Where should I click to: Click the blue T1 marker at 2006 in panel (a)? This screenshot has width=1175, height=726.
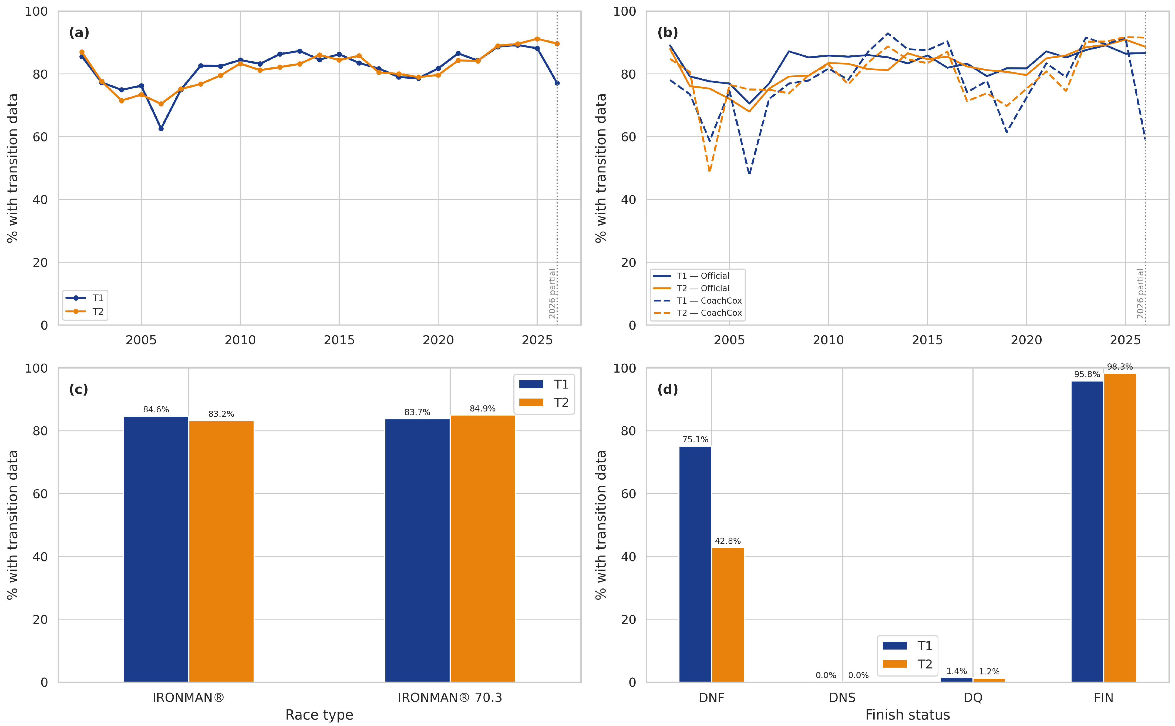coord(161,129)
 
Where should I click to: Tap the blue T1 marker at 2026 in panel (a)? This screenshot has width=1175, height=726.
coord(557,83)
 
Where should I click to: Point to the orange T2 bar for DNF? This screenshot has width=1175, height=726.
coord(728,615)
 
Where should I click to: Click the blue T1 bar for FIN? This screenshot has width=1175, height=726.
coord(1087,531)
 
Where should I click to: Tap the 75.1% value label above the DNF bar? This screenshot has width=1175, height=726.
coord(695,439)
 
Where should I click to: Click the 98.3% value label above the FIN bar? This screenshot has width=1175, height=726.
coord(1120,367)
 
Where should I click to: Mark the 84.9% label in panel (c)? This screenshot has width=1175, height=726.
coord(483,409)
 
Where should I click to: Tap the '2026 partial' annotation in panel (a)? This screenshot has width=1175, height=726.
coord(552,293)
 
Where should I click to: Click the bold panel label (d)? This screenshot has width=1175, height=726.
coord(667,389)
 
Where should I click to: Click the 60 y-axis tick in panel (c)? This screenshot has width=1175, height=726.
coord(40,494)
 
